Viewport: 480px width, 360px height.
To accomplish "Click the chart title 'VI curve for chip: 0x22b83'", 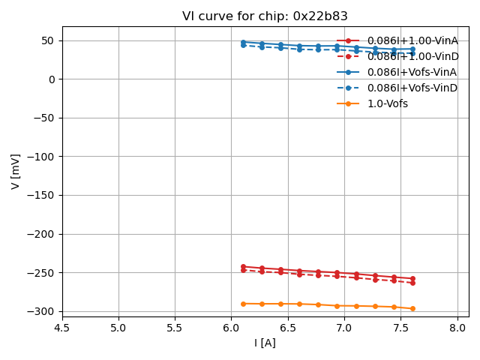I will click(x=265, y=16).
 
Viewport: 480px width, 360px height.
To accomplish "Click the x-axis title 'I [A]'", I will click(x=265, y=343).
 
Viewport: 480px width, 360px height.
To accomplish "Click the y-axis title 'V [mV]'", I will click(x=16, y=171).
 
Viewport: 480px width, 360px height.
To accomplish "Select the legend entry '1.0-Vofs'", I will click(x=387, y=103).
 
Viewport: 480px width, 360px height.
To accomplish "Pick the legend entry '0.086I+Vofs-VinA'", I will click(x=412, y=72).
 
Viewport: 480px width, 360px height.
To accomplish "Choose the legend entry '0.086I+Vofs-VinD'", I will click(x=412, y=88).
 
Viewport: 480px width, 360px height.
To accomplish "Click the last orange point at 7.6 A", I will click(x=412, y=308).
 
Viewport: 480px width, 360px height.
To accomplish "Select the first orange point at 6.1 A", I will click(x=243, y=304).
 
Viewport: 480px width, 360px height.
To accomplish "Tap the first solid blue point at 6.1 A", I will click(x=243, y=42).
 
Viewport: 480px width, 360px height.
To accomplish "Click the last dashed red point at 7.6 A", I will click(x=412, y=283).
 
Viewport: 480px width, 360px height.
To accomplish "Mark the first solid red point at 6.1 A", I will click(x=243, y=266).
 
